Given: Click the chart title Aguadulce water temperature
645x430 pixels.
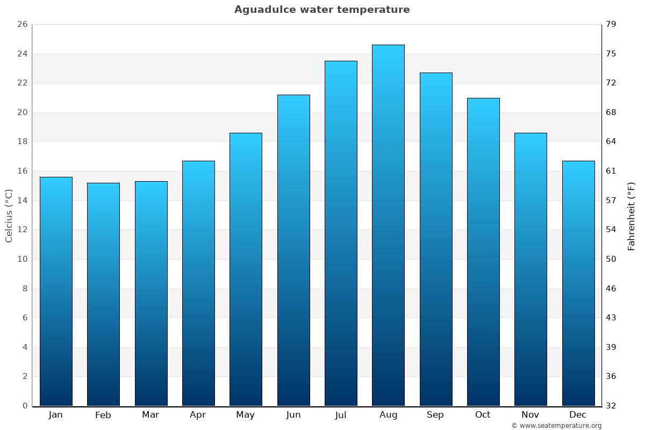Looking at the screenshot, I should click(x=322, y=10).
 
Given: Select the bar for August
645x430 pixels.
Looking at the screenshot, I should click(x=388, y=226).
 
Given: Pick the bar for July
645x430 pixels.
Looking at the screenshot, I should click(x=341, y=234).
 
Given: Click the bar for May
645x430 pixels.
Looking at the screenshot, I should click(x=246, y=269).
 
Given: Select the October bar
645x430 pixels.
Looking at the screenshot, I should click(x=483, y=252).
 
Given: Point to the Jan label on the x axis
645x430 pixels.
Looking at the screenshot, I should click(x=56, y=415).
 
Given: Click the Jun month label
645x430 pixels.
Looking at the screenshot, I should click(x=293, y=415).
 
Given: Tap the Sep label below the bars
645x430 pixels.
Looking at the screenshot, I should click(x=435, y=415).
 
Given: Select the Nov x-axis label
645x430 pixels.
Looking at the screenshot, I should click(x=530, y=415).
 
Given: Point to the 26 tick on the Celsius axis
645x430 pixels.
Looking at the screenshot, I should click(x=22, y=25).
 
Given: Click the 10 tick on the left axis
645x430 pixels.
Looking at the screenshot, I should click(x=22, y=259).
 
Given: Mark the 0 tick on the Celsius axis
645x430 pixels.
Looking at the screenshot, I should click(x=25, y=406).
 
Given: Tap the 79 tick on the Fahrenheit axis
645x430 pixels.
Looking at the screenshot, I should click(x=611, y=25).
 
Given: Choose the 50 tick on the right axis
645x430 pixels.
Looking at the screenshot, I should click(x=611, y=259).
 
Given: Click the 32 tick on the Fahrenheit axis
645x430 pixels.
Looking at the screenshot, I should click(x=611, y=406).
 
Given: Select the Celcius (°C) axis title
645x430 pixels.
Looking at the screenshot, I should click(x=9, y=216).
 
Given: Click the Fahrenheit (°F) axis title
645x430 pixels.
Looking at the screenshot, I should click(x=632, y=216).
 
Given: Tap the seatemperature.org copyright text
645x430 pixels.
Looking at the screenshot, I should click(x=556, y=426).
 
